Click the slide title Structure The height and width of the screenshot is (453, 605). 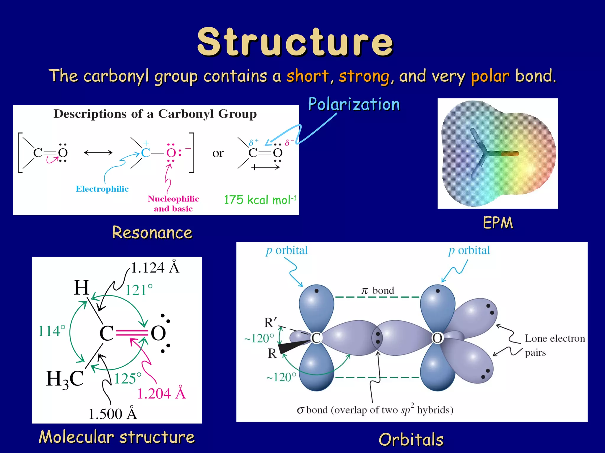click(x=295, y=42)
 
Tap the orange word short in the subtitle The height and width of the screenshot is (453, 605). click(x=307, y=76)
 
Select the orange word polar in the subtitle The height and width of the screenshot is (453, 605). click(x=490, y=76)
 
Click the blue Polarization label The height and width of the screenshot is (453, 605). click(x=354, y=104)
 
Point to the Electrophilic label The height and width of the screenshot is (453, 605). click(x=102, y=189)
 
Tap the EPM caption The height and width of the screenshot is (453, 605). click(x=498, y=223)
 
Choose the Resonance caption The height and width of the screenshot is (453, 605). click(x=152, y=232)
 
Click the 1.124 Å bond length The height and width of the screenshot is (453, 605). click(x=155, y=268)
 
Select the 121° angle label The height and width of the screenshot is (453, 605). click(x=139, y=290)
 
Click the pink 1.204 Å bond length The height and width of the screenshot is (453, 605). click(x=161, y=393)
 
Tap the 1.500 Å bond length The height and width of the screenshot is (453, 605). click(x=113, y=414)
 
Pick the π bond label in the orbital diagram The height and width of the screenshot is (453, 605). click(x=378, y=291)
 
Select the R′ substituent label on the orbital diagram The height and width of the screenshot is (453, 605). click(x=270, y=323)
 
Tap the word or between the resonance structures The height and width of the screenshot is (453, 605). click(x=218, y=153)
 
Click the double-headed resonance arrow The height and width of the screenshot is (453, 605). click(x=98, y=152)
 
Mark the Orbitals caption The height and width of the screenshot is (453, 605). click(x=411, y=439)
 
